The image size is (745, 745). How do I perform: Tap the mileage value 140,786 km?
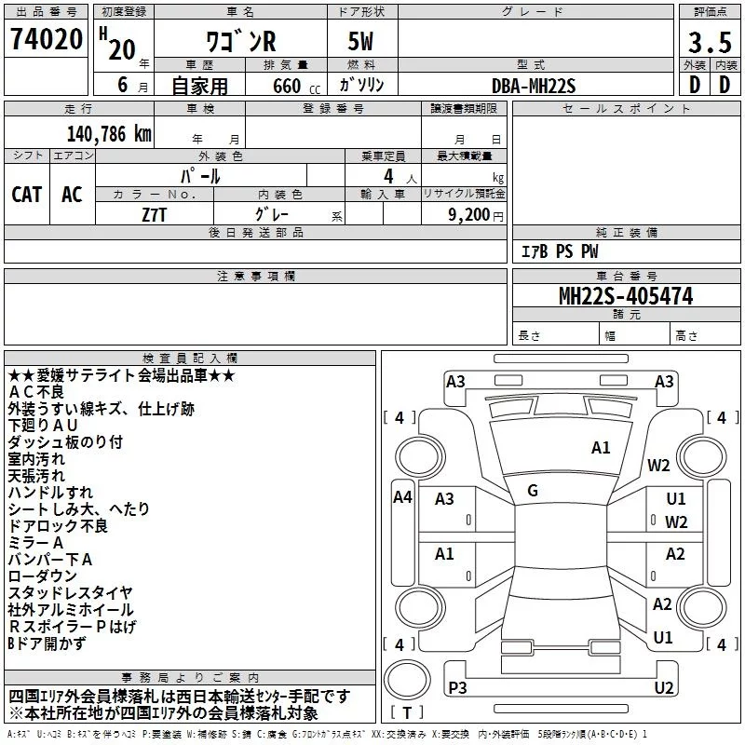pos(108,133)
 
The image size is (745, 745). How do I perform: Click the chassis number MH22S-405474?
pos(625,297)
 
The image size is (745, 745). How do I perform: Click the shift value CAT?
pos(26,194)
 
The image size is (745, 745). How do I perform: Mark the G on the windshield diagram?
pos(533,491)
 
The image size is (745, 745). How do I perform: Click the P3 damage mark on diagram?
pos(457,688)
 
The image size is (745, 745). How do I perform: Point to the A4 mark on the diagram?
pos(402,497)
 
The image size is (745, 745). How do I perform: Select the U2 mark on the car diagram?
pos(663,688)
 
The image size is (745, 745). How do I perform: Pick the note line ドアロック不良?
pos(58,526)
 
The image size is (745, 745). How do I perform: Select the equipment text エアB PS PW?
pos(559,251)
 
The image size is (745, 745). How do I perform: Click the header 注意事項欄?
pos(255,277)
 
